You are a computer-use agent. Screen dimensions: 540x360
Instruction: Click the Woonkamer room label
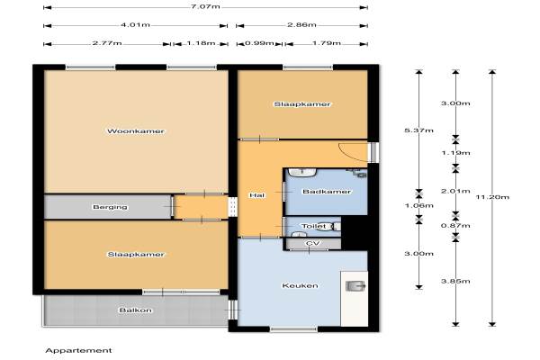click(136, 131)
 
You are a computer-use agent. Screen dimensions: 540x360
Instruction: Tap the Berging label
click(110, 207)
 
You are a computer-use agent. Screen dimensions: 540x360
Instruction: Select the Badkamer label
click(327, 192)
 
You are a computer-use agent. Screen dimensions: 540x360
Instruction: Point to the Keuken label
click(300, 285)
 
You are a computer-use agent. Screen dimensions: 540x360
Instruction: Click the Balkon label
click(135, 310)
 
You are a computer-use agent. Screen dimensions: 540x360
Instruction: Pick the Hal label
click(256, 195)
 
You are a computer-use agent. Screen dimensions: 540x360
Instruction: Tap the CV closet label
click(312, 243)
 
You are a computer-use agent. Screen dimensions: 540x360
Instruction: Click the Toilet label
click(313, 226)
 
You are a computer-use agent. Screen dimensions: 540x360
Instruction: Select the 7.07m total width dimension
click(205, 6)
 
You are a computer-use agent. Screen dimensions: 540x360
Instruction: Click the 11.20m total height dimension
click(492, 197)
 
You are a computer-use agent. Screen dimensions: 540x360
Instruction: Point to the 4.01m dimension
click(135, 25)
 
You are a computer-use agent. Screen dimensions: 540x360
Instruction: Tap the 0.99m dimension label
click(260, 43)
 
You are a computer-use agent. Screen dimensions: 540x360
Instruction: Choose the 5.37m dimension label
click(418, 130)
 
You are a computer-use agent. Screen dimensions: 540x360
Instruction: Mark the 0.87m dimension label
click(455, 226)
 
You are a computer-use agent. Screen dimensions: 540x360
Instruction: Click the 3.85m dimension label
click(455, 281)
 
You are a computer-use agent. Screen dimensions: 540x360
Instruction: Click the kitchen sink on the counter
click(355, 286)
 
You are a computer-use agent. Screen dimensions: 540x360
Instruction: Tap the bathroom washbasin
click(302, 172)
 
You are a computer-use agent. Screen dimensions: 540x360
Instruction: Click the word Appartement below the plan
click(78, 351)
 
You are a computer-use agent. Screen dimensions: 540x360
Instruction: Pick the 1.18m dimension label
click(201, 43)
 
